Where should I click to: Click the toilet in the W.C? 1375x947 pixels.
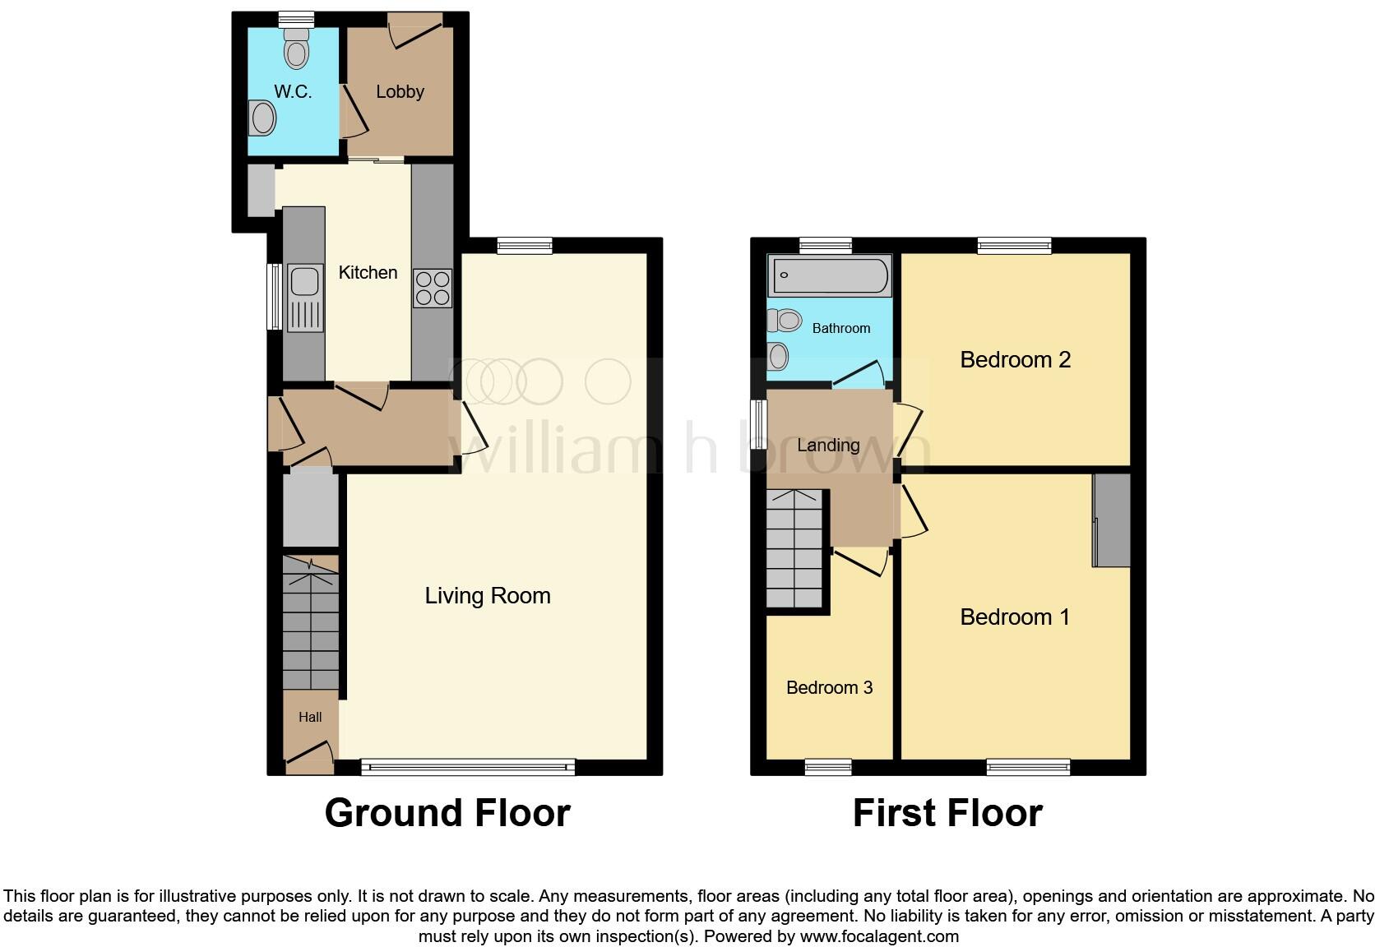tap(296, 51)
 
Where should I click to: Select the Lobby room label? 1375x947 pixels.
tap(400, 91)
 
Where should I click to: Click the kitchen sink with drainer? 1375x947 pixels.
tap(304, 298)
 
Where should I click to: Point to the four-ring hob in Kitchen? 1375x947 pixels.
tap(433, 288)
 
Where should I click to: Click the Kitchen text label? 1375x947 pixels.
tap(368, 272)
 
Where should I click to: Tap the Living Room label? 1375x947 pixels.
tap(487, 595)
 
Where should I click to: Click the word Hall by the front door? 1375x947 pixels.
tap(310, 717)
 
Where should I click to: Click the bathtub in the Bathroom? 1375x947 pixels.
tap(829, 275)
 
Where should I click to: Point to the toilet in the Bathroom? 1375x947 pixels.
tap(785, 319)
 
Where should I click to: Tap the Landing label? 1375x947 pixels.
tap(828, 445)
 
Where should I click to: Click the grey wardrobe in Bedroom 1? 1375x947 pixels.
tap(1112, 520)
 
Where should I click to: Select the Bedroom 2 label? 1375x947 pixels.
tap(1015, 359)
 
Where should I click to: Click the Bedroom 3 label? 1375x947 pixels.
tap(829, 687)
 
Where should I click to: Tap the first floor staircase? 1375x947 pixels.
tap(795, 549)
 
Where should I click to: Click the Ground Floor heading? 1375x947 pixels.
tap(447, 812)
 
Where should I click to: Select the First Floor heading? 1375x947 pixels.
tap(947, 812)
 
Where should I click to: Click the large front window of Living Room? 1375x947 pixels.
tap(468, 768)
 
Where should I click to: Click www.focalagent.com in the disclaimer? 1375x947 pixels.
tap(879, 935)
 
